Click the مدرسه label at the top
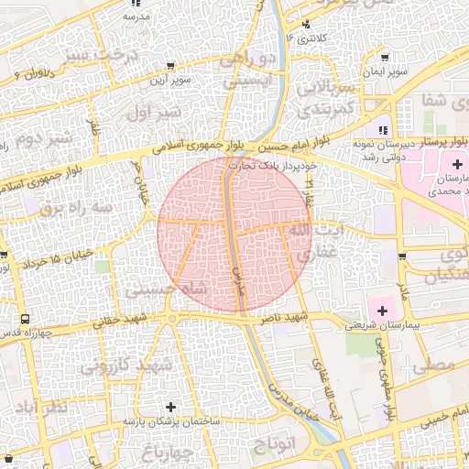(136, 16)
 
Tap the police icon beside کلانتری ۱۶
(306, 24)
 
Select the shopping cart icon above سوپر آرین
(171, 65)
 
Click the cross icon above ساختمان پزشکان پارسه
(170, 407)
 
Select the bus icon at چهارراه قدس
(24, 321)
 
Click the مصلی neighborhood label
(433, 365)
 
